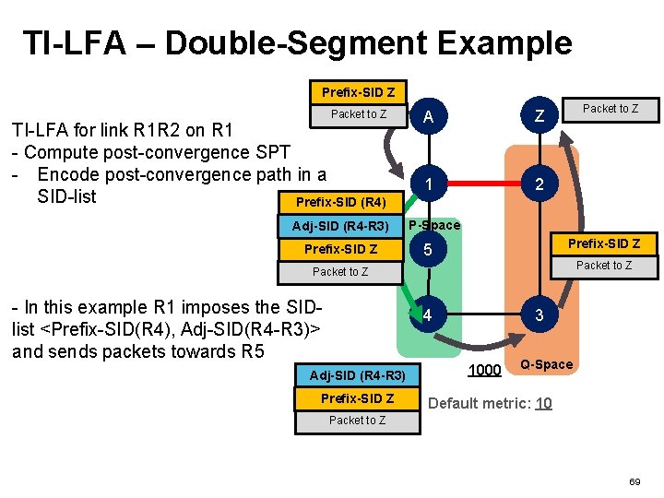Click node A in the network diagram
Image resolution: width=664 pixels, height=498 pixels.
[427, 117]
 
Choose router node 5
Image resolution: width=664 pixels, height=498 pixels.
[427, 250]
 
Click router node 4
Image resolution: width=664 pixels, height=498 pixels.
[427, 315]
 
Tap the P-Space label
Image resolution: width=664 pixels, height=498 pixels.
[433, 226]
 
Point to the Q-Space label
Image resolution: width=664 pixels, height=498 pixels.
[547, 364]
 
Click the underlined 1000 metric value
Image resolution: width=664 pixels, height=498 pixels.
[484, 370]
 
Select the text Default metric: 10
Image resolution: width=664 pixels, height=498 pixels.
[491, 403]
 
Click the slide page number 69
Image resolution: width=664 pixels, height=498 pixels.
[634, 482]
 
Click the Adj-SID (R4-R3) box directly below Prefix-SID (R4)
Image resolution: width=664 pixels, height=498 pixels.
[340, 226]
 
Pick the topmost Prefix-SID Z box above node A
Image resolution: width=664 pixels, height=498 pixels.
[358, 92]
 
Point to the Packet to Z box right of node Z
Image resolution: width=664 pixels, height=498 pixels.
[610, 109]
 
